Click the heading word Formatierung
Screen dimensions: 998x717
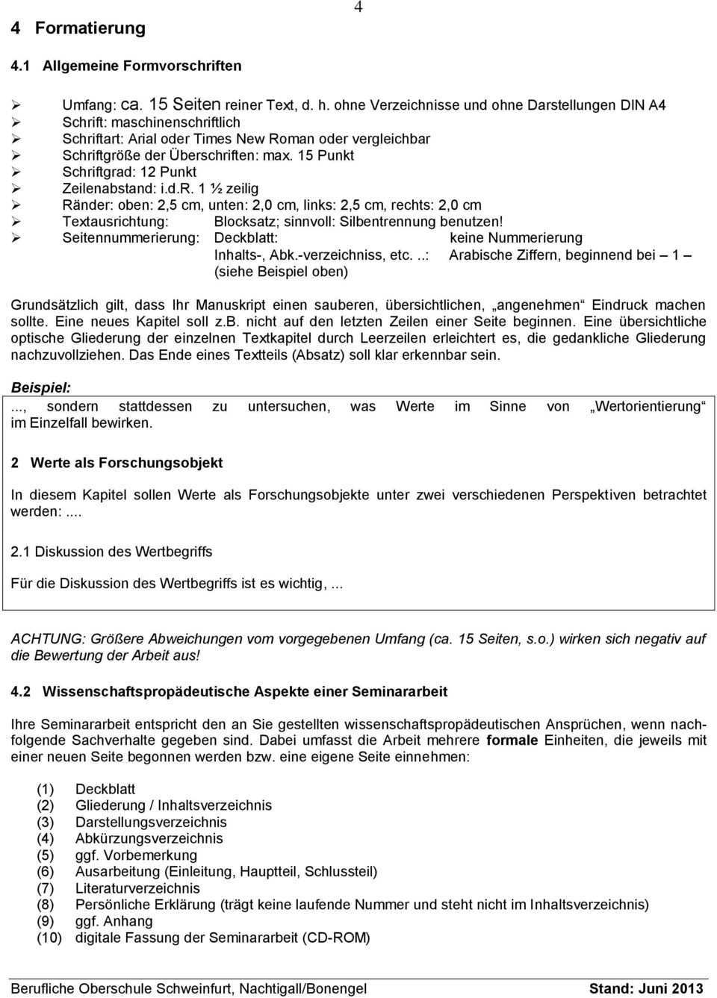click(x=90, y=28)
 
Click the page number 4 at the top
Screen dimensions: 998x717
click(x=358, y=7)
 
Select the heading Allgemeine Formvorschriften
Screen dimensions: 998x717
click(x=142, y=66)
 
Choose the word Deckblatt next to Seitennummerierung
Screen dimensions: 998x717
click(x=246, y=237)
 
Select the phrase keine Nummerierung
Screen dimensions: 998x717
click(x=516, y=237)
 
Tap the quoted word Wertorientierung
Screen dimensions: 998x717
click(x=648, y=406)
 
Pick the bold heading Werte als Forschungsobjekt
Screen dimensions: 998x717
click(x=126, y=463)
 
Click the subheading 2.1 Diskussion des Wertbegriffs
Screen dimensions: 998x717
click(x=111, y=552)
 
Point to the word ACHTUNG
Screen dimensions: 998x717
click(x=47, y=639)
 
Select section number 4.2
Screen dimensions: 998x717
click(x=21, y=691)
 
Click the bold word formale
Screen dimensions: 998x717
click(x=512, y=740)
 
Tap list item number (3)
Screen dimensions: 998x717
click(x=46, y=822)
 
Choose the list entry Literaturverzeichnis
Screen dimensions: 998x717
click(x=137, y=888)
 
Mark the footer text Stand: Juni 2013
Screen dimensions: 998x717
click(x=646, y=988)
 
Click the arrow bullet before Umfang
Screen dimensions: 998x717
click(x=16, y=105)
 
